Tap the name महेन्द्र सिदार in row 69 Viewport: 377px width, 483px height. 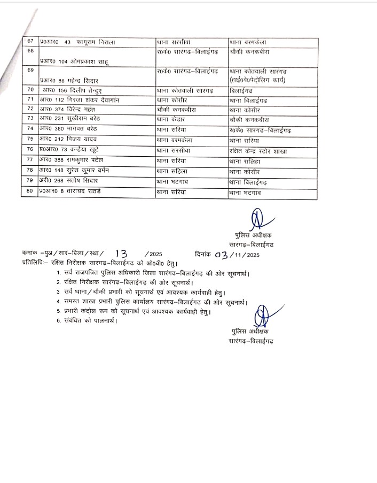point(80,80)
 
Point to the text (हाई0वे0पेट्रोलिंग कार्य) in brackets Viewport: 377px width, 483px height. point(257,80)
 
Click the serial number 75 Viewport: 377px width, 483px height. point(30,140)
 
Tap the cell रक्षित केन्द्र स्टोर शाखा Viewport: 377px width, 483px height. point(257,151)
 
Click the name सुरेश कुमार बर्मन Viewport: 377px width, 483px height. point(89,171)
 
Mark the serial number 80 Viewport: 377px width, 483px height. point(30,191)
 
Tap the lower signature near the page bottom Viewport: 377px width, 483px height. point(260,315)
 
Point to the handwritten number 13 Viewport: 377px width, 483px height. point(122,254)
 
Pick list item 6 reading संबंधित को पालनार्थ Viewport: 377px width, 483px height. point(88,320)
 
